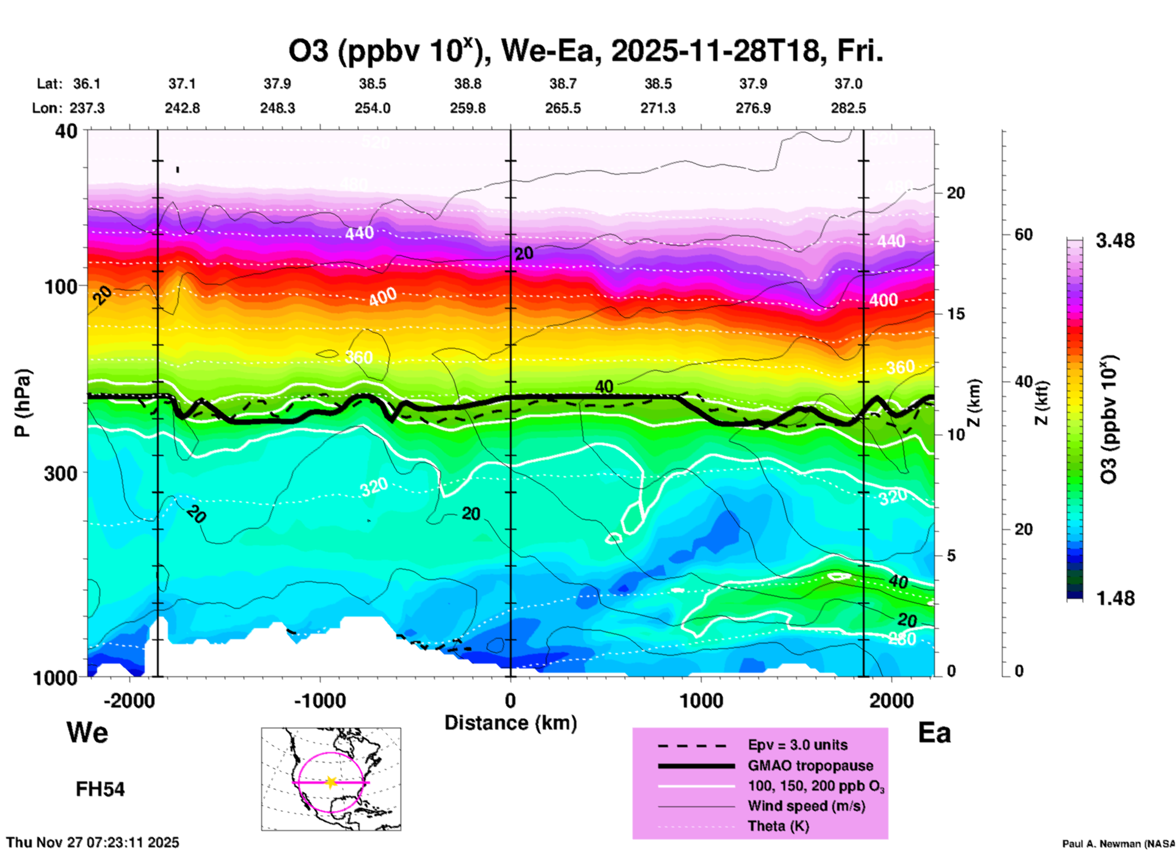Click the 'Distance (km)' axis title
[x=510, y=723]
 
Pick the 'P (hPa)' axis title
[x=23, y=403]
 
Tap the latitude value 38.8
[x=468, y=84]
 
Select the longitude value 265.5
[x=563, y=108]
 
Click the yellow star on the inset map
[x=331, y=782]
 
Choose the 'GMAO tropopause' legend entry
[x=810, y=766]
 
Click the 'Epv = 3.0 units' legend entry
[x=797, y=745]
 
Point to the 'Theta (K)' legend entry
[x=778, y=826]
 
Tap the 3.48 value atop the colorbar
[x=1115, y=241]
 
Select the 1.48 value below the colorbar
[x=1115, y=598]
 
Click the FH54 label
[x=100, y=789]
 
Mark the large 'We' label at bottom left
[x=87, y=732]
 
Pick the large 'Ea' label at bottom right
[x=934, y=733]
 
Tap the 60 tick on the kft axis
[x=1023, y=234]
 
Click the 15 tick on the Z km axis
[x=956, y=314]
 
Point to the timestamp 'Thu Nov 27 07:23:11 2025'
[x=93, y=842]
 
